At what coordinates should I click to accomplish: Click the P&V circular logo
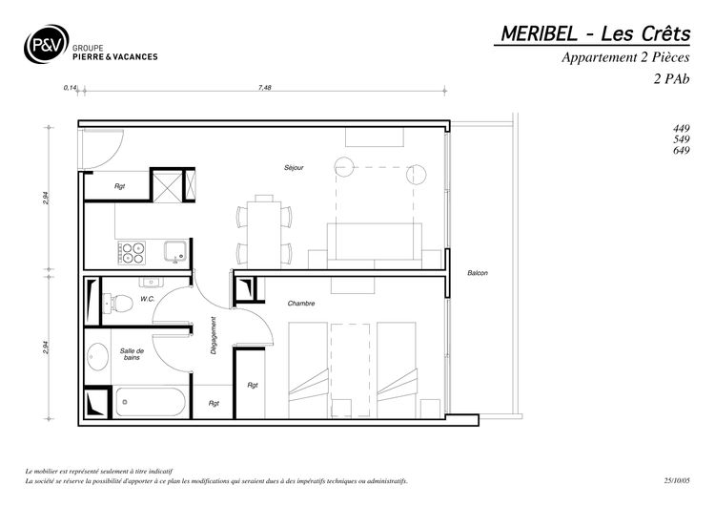coord(46,44)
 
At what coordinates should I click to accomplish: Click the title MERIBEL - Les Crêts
coord(596,33)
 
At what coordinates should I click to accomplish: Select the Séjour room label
coord(294,168)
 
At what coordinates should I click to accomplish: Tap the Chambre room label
coord(301,304)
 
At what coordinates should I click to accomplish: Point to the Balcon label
coord(478,273)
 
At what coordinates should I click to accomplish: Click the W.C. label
coord(147,299)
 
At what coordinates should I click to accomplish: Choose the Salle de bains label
coord(132,354)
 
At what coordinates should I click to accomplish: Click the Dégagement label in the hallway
coord(213,336)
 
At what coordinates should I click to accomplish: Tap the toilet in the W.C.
coord(117,304)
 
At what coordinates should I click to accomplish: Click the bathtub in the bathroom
coord(151,402)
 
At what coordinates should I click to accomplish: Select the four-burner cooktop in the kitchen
coord(132,253)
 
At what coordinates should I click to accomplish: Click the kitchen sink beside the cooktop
coord(175,252)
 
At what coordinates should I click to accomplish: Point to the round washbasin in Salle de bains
coord(96,357)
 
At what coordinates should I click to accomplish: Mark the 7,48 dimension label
coord(264,87)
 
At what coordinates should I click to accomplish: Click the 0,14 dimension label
coord(70,87)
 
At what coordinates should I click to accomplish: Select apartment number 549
coord(682,139)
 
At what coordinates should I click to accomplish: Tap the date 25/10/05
coord(677,480)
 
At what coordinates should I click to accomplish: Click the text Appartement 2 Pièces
coord(625,57)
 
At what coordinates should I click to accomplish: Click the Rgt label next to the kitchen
coord(119,186)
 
